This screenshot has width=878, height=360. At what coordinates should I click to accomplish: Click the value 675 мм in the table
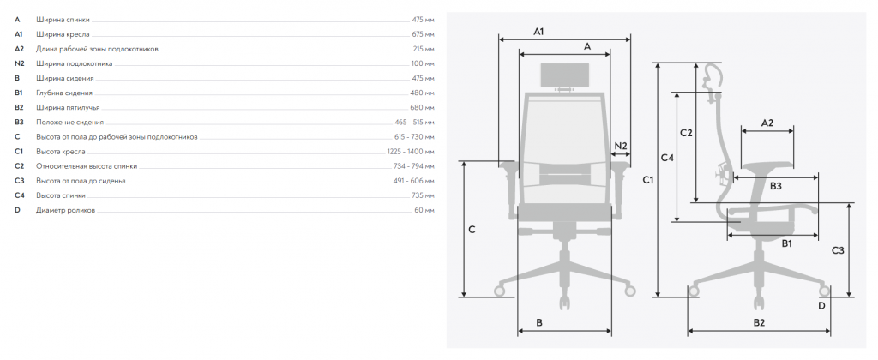[x=423, y=34]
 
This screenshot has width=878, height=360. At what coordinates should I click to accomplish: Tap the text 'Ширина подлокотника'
[x=75, y=63]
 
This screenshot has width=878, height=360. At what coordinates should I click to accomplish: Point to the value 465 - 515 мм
[x=414, y=122]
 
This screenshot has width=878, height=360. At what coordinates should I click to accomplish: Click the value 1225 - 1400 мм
[x=411, y=152]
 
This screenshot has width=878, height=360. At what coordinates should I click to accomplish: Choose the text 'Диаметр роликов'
[x=65, y=211]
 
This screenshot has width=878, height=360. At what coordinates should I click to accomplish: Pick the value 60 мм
[x=424, y=211]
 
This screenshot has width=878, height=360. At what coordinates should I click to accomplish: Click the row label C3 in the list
[x=20, y=181]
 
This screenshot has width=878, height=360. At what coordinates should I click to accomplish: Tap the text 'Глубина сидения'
[x=64, y=93]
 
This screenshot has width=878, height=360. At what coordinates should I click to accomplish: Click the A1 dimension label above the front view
[x=538, y=32]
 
